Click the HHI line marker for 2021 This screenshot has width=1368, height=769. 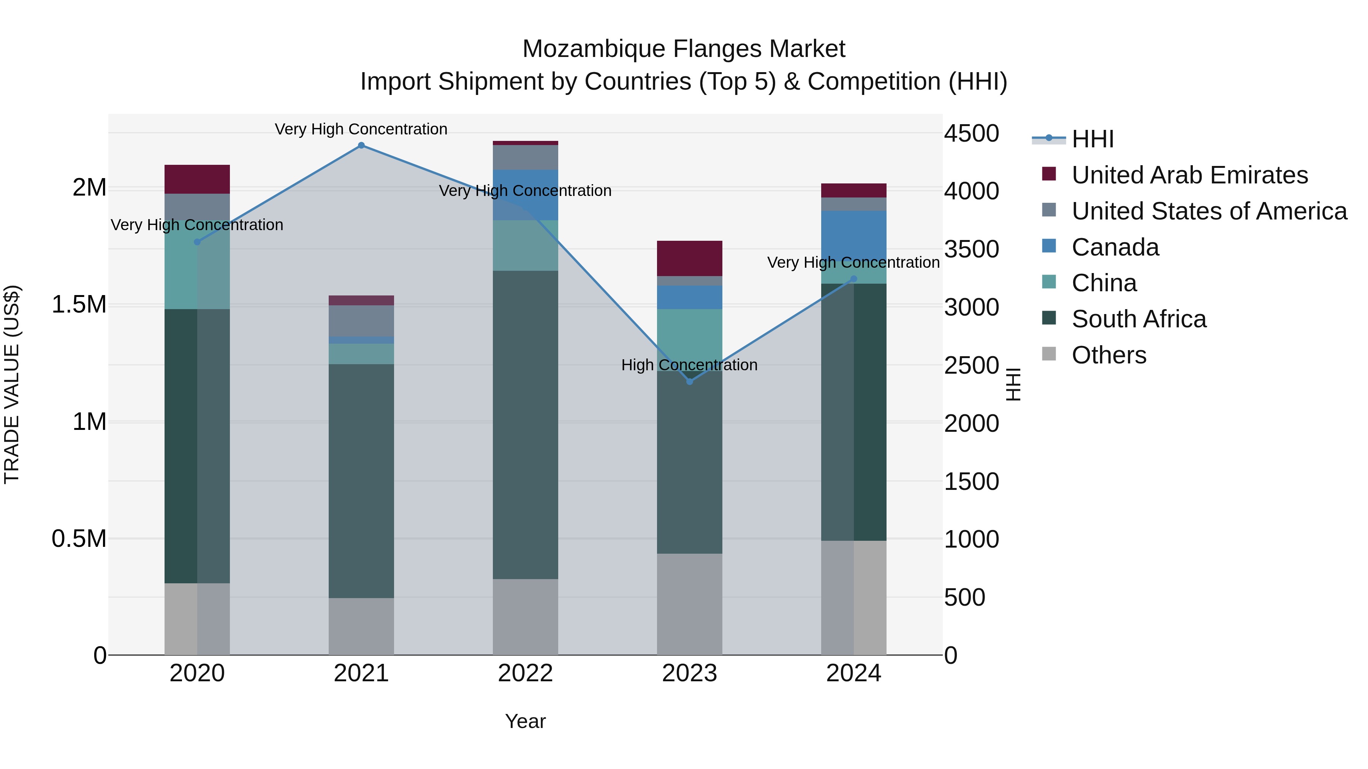(361, 145)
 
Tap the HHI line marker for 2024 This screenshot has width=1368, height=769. (853, 279)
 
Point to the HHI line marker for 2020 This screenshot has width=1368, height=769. (197, 242)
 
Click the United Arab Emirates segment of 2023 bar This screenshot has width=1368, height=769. (689, 259)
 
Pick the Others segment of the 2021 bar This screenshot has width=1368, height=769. (361, 626)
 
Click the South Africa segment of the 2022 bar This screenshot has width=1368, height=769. (525, 425)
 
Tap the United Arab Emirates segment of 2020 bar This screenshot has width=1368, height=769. (197, 179)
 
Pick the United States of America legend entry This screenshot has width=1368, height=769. (1209, 211)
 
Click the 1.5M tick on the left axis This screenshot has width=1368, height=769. (79, 305)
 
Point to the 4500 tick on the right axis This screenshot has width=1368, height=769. (971, 133)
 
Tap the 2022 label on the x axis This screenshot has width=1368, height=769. (525, 673)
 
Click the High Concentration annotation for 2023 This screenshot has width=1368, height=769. (689, 365)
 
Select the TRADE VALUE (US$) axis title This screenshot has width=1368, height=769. (12, 384)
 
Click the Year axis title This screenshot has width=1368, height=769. (525, 721)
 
